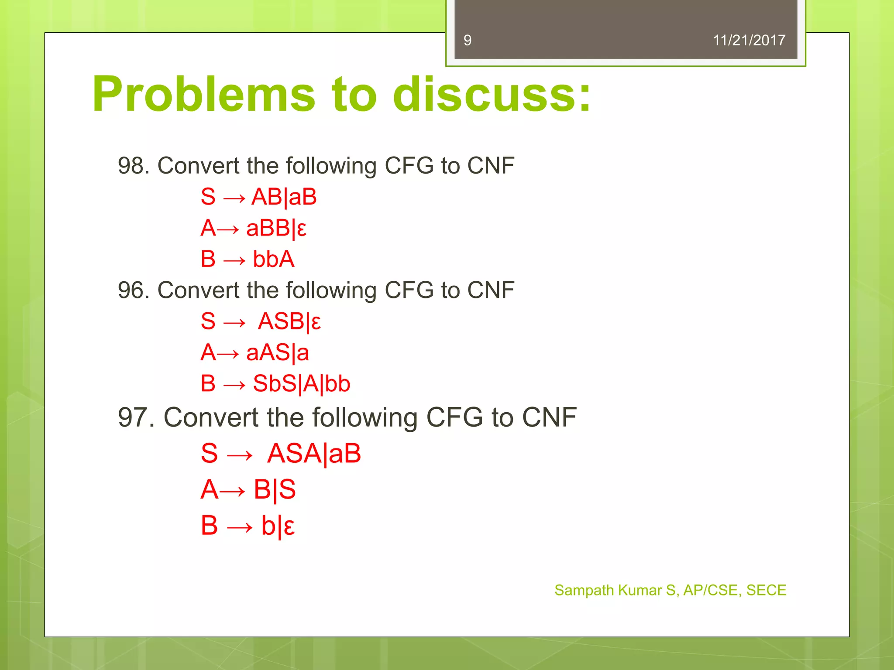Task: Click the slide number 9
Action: [x=468, y=41]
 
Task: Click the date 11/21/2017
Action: [x=749, y=41]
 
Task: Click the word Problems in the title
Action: [x=203, y=94]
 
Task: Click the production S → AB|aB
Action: [x=258, y=197]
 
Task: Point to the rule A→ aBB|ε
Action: [x=254, y=229]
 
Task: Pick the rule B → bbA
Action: [x=248, y=260]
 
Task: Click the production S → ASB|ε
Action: [x=261, y=322]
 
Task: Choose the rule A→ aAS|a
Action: [x=254, y=353]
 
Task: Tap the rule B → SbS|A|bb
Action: [x=275, y=384]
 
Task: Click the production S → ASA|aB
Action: [x=281, y=454]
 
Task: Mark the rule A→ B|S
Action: [x=248, y=490]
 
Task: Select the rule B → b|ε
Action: [x=248, y=526]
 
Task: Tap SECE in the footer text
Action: [x=766, y=591]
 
